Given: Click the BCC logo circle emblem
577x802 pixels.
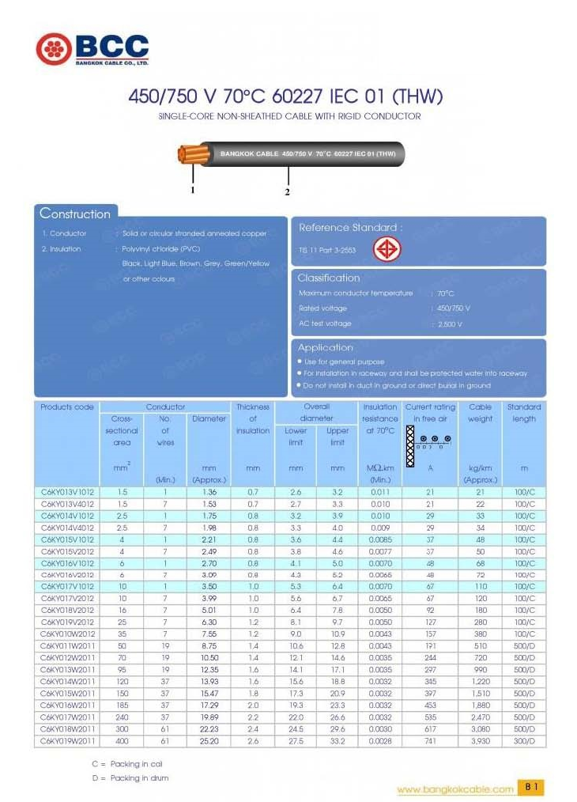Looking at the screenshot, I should click(x=53, y=49).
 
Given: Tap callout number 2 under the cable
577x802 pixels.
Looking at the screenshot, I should click(x=287, y=192).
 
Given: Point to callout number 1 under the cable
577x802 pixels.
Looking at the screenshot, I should click(x=192, y=190).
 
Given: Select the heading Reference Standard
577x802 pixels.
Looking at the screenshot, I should click(x=350, y=228).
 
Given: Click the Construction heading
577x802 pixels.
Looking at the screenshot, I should click(x=75, y=214).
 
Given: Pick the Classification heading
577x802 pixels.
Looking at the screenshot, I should click(x=328, y=278).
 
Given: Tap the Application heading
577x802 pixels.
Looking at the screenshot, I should click(x=325, y=347).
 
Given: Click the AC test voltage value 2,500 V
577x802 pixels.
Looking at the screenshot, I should click(x=449, y=324).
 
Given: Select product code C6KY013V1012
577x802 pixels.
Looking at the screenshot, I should click(x=67, y=492).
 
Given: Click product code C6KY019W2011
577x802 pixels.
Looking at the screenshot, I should click(x=67, y=741).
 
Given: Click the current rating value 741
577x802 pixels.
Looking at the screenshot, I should click(x=430, y=741).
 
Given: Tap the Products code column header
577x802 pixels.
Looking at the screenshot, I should click(x=67, y=407).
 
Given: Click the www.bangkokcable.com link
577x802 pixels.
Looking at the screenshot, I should click(x=454, y=789).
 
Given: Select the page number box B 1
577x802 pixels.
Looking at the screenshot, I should click(x=531, y=788).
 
